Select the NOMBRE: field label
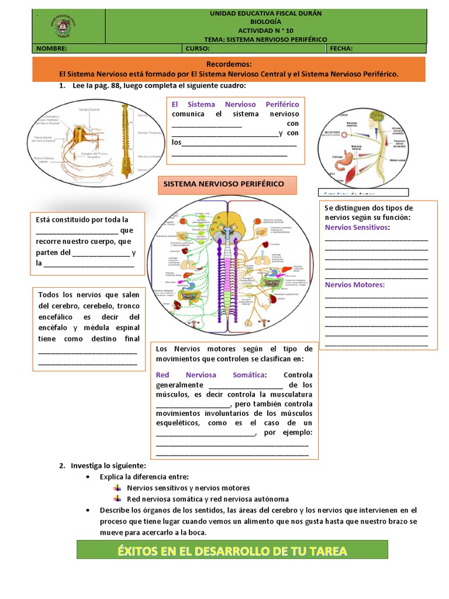coord(52,49)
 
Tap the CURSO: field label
coord(199,49)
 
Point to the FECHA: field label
coord(341,49)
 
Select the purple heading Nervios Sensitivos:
coord(357,227)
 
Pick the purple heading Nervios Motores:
coord(354,285)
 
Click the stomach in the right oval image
coord(346,157)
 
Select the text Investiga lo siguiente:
coord(108,466)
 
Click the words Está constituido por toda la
coord(82,220)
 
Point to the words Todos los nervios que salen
coord(89,294)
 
